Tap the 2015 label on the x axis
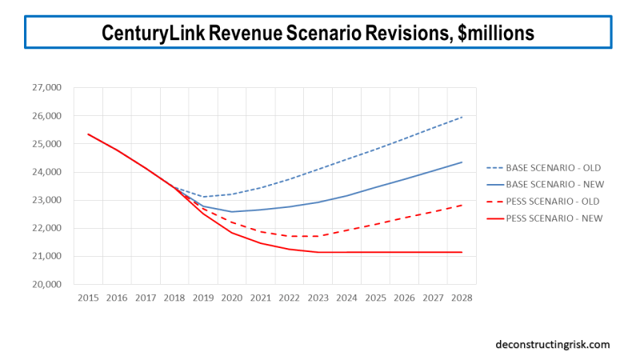pos(88,298)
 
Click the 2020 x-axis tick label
pos(232,298)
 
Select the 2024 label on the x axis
pos(346,298)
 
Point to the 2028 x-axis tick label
pos(462,298)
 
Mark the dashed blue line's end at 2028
pos(462,117)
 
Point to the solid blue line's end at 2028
pos(462,162)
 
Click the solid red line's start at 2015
pos(88,134)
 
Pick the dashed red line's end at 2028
pos(462,205)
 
